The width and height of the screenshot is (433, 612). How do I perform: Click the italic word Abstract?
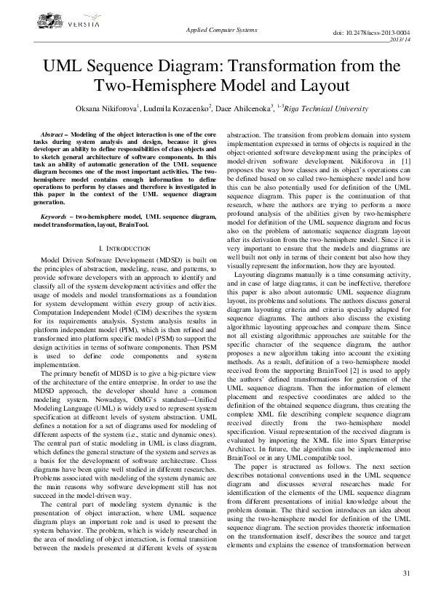(52, 135)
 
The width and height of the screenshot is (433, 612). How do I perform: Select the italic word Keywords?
(55, 217)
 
